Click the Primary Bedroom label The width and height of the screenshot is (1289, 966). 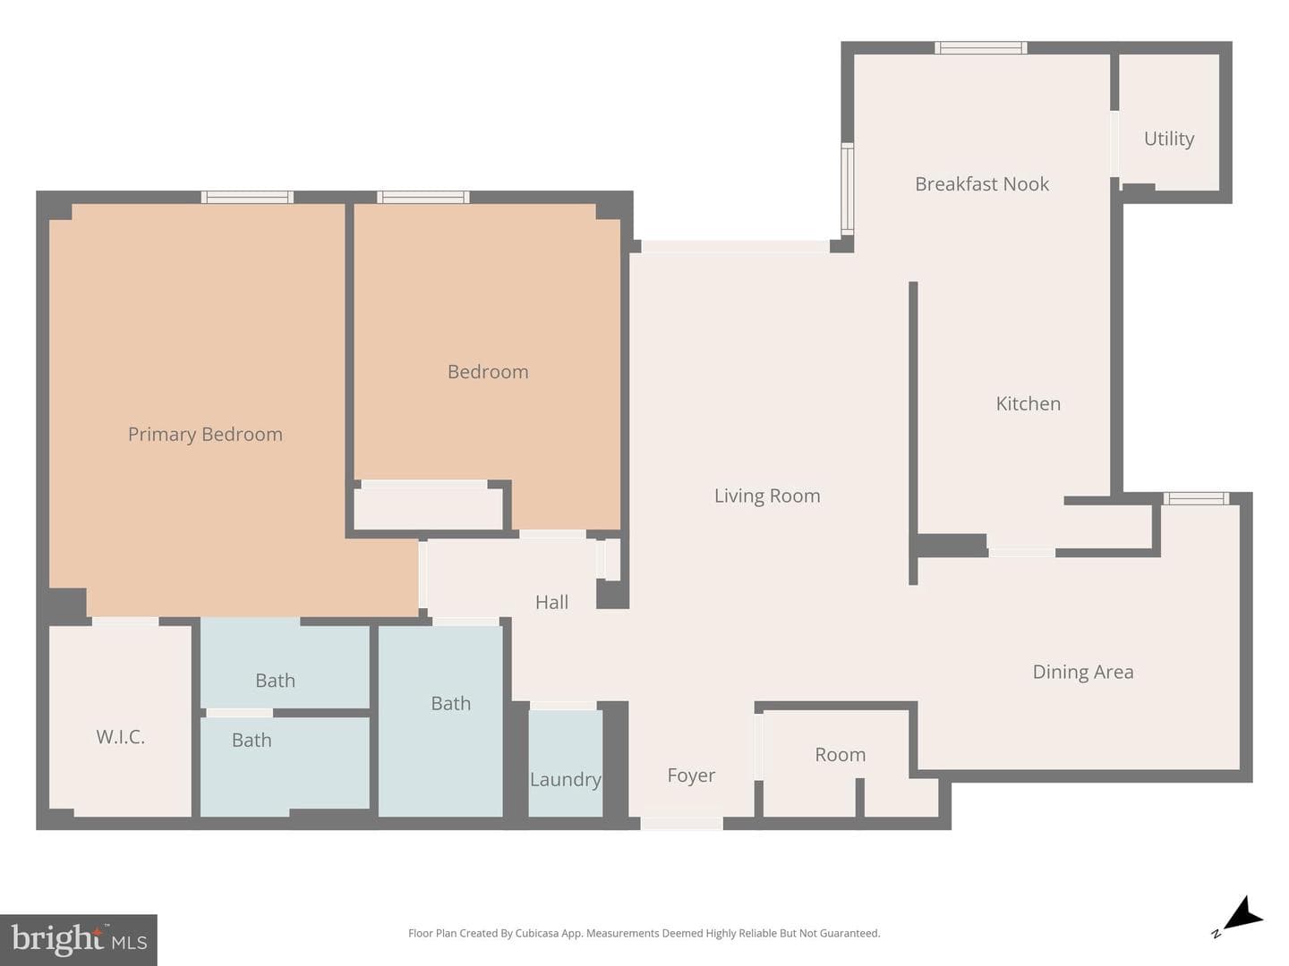205,435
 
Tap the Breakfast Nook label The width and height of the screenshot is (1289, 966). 982,184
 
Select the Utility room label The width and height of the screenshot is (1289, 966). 1169,139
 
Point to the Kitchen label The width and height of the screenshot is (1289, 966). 1029,403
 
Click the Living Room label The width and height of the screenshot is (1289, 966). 767,496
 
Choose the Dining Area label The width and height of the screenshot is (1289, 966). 1083,672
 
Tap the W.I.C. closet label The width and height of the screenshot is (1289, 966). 120,737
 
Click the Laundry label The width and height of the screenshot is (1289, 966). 566,779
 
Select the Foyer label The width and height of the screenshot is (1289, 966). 690,776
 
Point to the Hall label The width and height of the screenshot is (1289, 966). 551,602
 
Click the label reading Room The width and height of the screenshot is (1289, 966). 840,755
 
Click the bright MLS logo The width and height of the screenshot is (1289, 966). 79,939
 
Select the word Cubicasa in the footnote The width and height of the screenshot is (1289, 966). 537,933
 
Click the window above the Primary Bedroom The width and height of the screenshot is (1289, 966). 247,197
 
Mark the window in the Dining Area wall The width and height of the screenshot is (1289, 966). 1196,498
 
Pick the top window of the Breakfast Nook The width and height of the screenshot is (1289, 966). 981,47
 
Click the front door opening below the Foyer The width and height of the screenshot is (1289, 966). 681,824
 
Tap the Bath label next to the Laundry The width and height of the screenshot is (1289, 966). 450,704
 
